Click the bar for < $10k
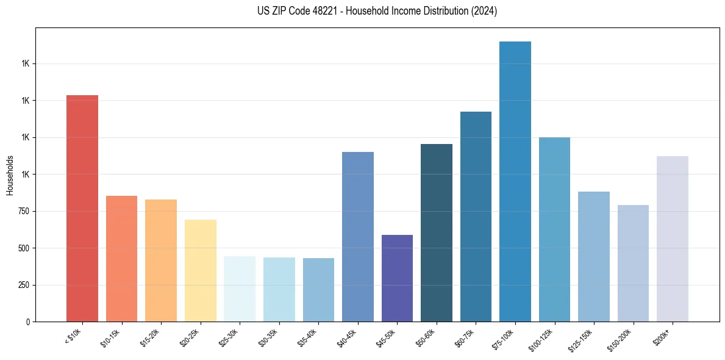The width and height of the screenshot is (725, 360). point(82,207)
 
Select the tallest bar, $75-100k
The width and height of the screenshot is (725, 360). point(515,183)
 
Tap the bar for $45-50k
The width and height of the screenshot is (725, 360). point(397,278)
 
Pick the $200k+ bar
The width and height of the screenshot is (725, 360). point(673,238)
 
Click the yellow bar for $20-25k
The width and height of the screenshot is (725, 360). point(201,270)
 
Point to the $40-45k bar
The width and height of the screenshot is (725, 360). point(358,237)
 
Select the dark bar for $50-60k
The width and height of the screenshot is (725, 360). point(437,232)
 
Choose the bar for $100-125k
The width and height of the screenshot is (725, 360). point(554,229)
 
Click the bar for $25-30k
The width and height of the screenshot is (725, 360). point(240,289)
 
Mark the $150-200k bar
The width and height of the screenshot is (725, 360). point(633,263)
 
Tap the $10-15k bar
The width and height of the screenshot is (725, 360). point(122,259)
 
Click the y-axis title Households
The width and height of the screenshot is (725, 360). point(10,175)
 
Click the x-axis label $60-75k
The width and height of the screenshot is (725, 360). point(468,337)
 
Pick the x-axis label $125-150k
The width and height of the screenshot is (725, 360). point(584,339)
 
